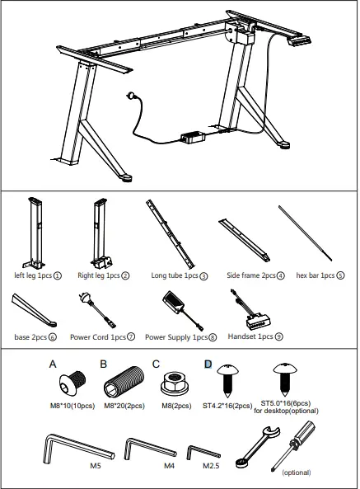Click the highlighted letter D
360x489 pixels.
[208, 362]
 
